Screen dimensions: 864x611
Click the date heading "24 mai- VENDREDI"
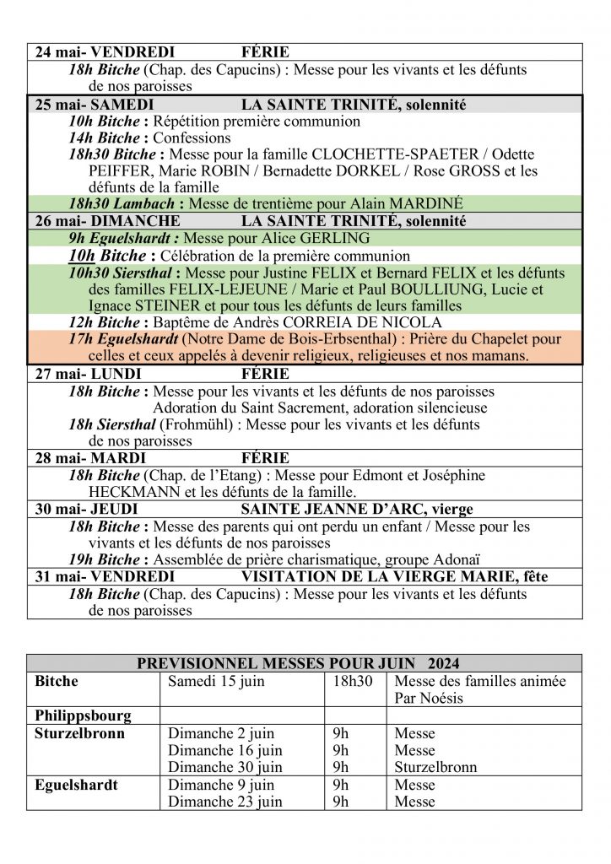(x=105, y=52)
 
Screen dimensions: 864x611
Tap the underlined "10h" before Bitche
(x=82, y=255)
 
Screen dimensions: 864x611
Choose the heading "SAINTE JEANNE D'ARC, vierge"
(x=357, y=510)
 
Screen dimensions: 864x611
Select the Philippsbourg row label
(x=83, y=715)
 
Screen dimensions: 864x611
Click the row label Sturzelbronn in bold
(x=79, y=733)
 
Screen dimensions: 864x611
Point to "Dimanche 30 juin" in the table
(x=225, y=768)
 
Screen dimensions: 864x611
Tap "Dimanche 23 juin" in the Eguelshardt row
(x=225, y=802)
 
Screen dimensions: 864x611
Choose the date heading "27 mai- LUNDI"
(x=88, y=374)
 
